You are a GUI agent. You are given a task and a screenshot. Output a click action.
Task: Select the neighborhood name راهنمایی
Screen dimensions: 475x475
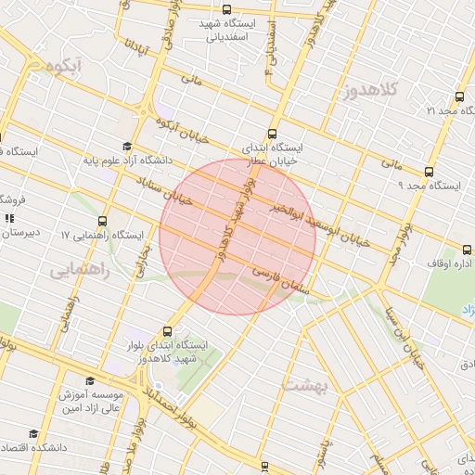click(80, 271)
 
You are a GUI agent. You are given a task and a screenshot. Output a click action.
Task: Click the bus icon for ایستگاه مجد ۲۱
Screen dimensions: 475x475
click(458, 96)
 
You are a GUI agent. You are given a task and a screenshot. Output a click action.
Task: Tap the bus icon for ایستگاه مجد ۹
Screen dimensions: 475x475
click(428, 172)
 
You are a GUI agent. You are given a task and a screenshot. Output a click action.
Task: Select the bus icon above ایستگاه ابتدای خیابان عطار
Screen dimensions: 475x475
click(272, 133)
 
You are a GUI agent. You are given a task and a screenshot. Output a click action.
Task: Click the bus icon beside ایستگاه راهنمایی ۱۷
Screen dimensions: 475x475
click(102, 222)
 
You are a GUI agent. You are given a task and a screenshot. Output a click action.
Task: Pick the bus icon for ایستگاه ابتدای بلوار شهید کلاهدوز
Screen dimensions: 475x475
click(168, 330)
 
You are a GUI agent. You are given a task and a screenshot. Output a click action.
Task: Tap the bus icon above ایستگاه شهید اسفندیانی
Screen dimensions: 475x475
click(228, 8)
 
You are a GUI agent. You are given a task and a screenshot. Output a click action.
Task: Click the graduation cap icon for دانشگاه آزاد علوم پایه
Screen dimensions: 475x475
click(127, 147)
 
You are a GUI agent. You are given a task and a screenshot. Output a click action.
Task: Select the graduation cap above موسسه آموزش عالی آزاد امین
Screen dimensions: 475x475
click(90, 380)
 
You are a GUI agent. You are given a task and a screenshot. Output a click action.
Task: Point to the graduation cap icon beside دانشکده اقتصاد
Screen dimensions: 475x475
click(34, 433)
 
